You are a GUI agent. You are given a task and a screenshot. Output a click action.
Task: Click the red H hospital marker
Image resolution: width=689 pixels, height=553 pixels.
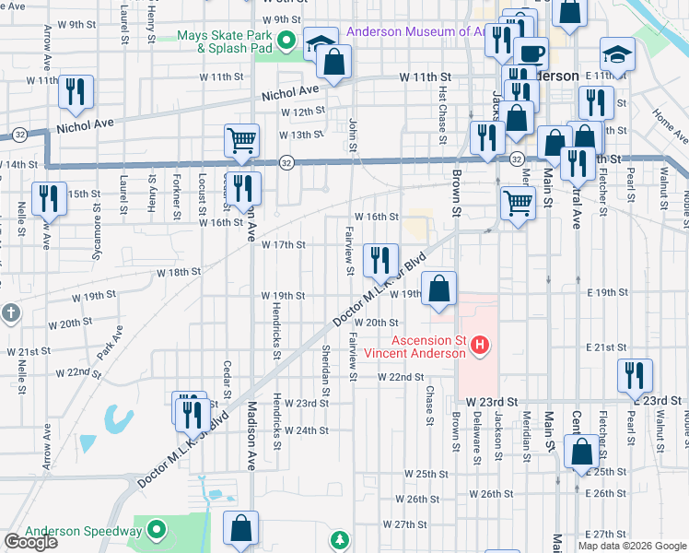479,346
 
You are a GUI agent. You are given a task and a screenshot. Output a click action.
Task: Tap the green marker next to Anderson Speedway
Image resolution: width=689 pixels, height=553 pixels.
156,530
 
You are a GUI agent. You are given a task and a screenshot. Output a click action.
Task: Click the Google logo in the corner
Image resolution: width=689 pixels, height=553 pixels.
30,541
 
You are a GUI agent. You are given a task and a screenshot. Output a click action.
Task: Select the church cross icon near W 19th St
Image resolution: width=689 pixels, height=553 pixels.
9,312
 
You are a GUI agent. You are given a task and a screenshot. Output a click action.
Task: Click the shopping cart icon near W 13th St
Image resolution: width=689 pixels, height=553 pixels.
240,141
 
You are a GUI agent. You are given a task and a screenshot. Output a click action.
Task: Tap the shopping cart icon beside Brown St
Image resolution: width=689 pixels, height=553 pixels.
519,202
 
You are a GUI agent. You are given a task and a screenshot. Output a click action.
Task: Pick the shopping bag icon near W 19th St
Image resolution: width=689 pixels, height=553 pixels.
439,287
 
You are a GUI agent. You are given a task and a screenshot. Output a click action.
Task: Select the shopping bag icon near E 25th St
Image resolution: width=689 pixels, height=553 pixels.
580,453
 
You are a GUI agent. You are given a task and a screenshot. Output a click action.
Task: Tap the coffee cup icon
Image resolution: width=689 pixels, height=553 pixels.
531,53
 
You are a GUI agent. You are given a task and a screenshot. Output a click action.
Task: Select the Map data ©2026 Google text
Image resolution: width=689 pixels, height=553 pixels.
632,546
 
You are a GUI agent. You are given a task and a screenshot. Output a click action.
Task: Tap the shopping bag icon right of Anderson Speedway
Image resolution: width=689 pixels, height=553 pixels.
240,529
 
